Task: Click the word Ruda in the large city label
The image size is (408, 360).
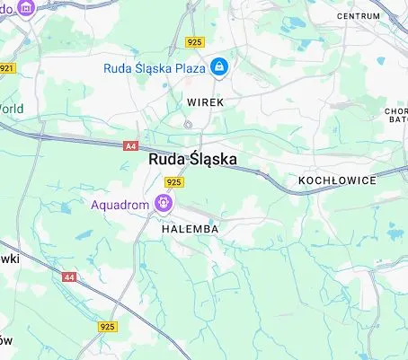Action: (164, 160)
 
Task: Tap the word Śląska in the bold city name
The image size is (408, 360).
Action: (212, 160)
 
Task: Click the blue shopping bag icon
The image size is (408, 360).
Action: (219, 66)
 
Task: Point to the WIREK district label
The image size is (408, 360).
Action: (204, 102)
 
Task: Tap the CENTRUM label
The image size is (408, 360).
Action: (358, 16)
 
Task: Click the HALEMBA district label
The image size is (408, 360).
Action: (191, 229)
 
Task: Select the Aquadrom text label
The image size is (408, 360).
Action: (120, 204)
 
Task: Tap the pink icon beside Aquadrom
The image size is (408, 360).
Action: (164, 203)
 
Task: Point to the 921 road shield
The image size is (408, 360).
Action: (7, 67)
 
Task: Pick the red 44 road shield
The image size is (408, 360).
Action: (69, 277)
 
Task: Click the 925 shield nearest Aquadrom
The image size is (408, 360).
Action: (174, 181)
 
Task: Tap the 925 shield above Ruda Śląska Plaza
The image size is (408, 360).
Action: (195, 41)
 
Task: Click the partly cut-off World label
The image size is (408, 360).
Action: (11, 109)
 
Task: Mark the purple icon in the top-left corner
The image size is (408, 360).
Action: (24, 7)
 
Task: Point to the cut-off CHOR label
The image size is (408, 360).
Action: (397, 111)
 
